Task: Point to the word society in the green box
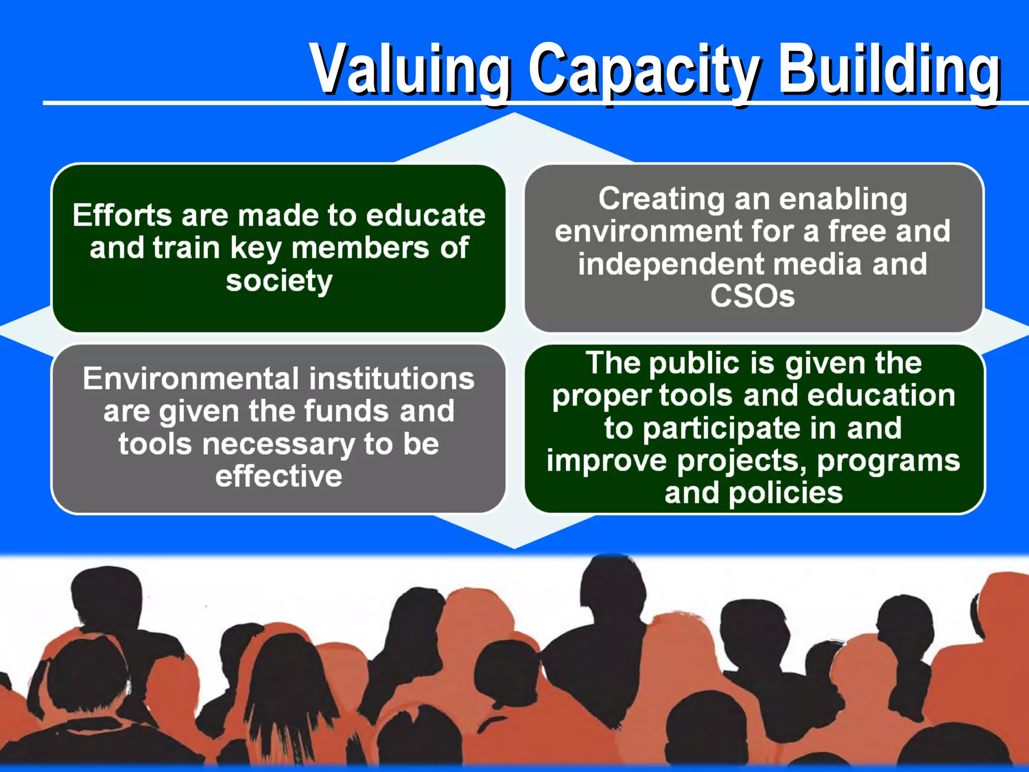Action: (279, 281)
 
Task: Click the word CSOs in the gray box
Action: (752, 296)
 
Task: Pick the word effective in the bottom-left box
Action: (279, 476)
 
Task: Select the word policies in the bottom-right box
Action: (785, 493)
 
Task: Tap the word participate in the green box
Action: (722, 429)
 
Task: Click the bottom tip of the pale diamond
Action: (514, 546)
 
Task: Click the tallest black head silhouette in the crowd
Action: (610, 583)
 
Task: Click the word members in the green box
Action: (360, 248)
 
